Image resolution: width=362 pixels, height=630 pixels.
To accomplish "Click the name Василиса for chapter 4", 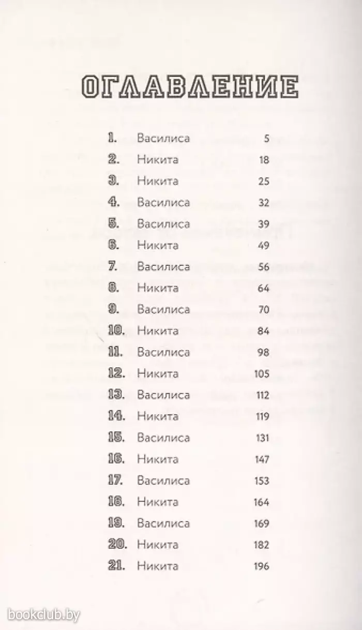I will click(163, 203).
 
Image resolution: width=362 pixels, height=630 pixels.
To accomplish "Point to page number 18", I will click(264, 160).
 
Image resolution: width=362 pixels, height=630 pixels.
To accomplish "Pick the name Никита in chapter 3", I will click(158, 181).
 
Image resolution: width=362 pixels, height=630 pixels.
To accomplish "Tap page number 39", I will click(264, 224).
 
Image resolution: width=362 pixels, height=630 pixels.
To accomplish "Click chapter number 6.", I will click(113, 245).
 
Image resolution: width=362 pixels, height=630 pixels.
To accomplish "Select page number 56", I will click(264, 267).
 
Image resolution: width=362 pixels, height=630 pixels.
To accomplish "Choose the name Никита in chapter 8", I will click(158, 288).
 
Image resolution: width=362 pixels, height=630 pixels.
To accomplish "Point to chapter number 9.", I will click(113, 309).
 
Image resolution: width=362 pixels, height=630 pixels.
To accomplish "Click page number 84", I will click(264, 331).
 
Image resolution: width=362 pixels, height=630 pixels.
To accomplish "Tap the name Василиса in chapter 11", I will click(163, 352).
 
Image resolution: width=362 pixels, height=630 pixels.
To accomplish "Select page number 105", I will click(263, 373).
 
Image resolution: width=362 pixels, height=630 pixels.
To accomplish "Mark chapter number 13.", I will click(116, 395).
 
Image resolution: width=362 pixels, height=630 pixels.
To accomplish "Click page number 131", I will click(263, 438).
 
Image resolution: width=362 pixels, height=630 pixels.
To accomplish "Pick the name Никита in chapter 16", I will click(158, 459).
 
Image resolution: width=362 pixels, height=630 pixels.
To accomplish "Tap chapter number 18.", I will click(116, 502).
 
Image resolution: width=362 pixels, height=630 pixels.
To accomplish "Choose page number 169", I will click(262, 523).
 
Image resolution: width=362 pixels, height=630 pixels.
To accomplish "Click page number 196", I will click(262, 566).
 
